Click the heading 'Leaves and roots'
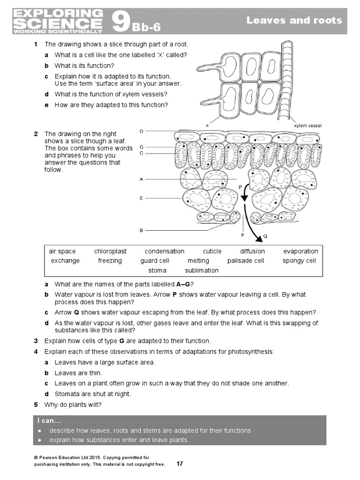coord(294,20)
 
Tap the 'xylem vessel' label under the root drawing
coord(307,126)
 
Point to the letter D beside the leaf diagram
coord(142,131)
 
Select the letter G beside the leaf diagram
coord(142,147)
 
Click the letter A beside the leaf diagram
coord(142,179)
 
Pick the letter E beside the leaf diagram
coord(142,198)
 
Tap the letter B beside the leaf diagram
coord(142,231)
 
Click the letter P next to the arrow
coord(240,187)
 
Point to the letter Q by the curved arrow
coord(265,236)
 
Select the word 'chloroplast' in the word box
coord(110,251)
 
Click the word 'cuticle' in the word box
coord(212,251)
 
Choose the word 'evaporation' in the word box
coord(300,251)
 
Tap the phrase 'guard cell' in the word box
coord(155,261)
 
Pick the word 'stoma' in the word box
coord(157,270)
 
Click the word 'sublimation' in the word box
coord(202,270)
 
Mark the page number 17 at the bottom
coord(180,464)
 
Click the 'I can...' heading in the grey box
coord(46,420)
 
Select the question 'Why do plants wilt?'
coord(73,405)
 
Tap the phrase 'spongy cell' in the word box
coord(299,261)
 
